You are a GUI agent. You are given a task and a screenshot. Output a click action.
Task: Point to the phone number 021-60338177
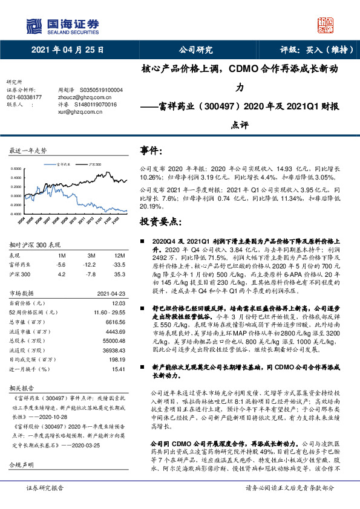[24, 97]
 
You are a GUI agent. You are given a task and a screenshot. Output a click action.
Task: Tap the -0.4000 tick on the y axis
[16, 213]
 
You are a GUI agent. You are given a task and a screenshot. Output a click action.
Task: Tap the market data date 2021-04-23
[110, 293]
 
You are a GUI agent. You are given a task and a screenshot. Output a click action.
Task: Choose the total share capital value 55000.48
[113, 342]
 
